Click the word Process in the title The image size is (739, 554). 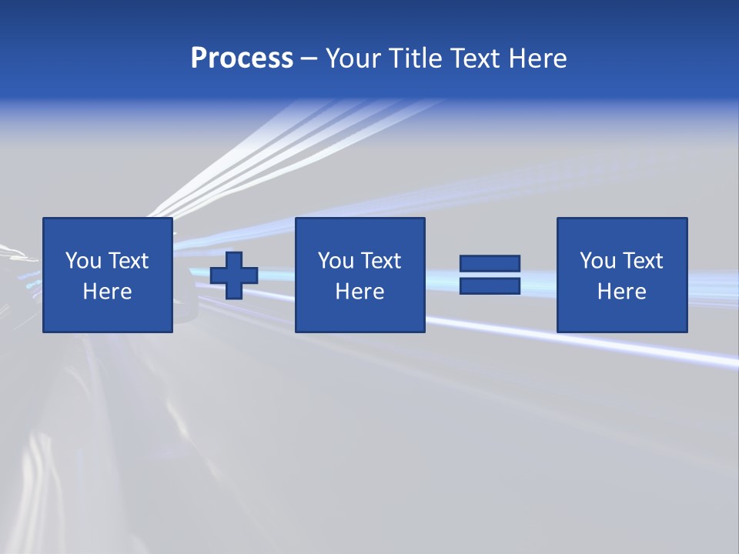pos(242,58)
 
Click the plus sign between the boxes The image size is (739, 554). pos(234,275)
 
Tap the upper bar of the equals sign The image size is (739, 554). pos(490,263)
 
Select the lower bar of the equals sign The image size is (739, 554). pos(490,285)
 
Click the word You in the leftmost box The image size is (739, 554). pos(83,261)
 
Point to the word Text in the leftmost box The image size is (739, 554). pos(127,261)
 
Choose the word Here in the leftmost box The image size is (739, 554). pos(107,292)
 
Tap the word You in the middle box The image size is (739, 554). pos(336,261)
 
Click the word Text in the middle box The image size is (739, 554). pos(380,261)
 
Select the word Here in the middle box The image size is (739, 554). pos(359,292)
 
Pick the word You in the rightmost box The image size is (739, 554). pos(597,261)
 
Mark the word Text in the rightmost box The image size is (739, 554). pos(641,261)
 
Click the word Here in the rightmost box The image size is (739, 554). pos(621,292)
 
